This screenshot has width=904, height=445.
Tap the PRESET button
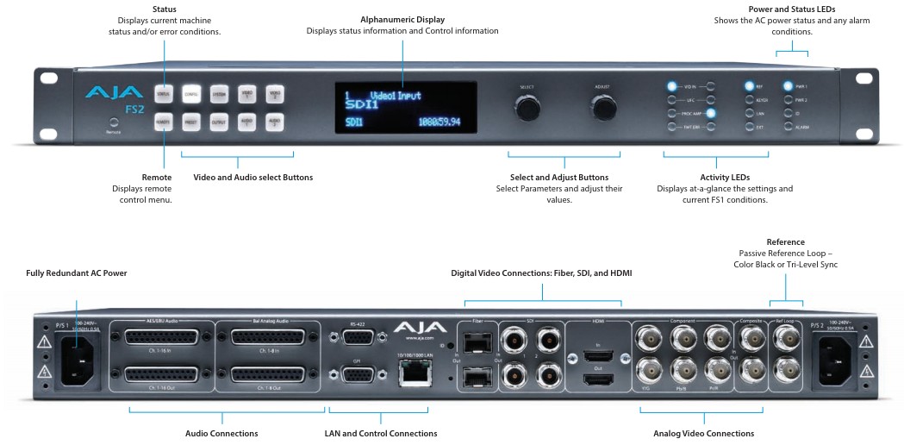[191, 123]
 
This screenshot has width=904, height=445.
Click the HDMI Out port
[596, 379]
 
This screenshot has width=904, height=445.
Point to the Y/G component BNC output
[646, 370]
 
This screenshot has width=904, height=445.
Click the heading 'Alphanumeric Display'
[402, 18]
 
